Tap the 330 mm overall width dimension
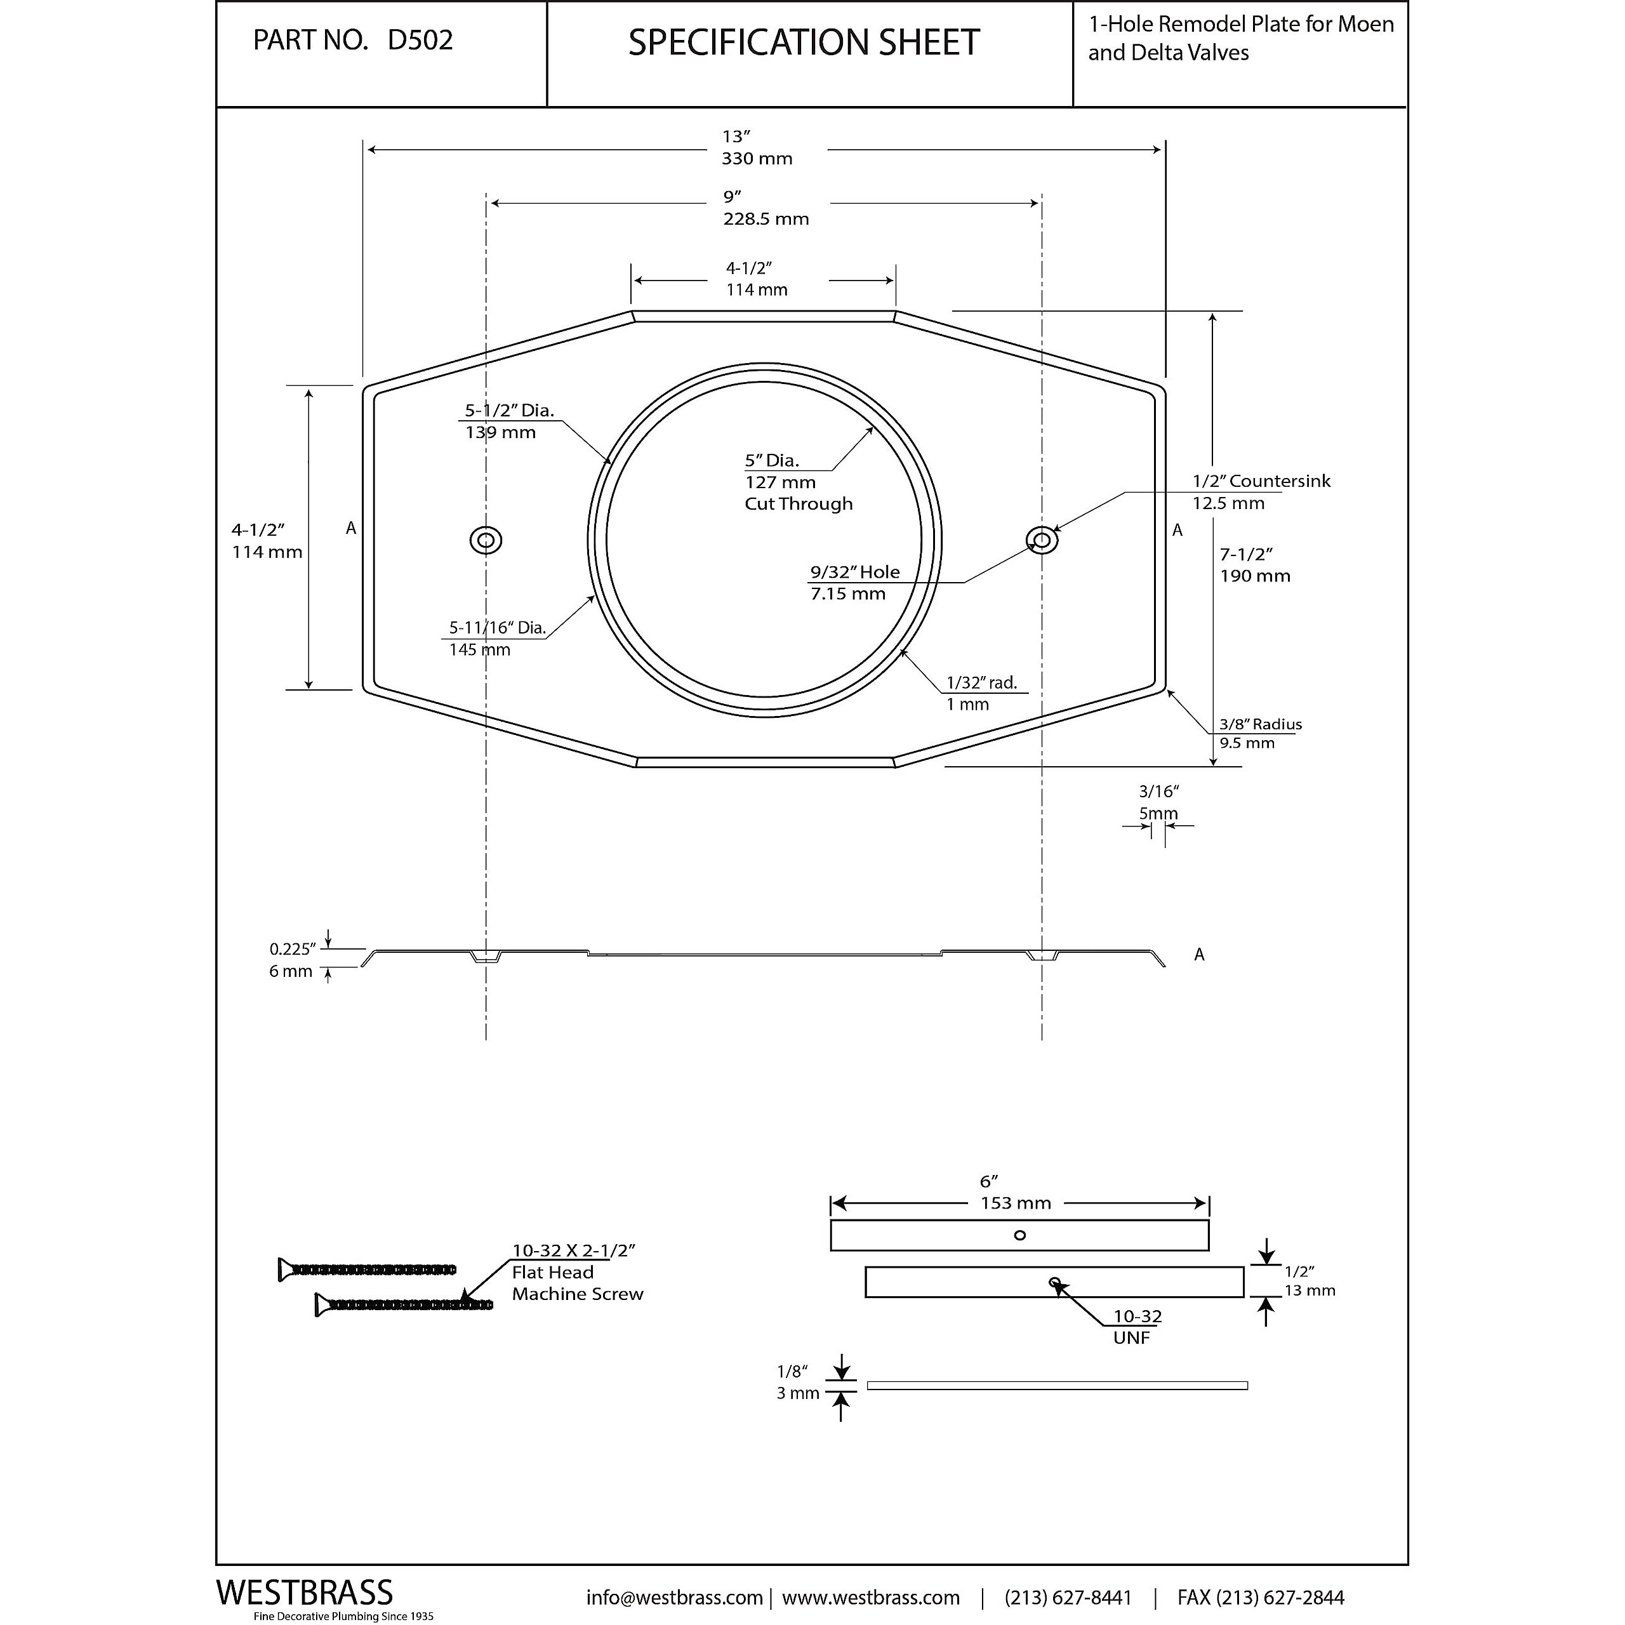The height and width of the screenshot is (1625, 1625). [757, 159]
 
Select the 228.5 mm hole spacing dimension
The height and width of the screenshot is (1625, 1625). [766, 220]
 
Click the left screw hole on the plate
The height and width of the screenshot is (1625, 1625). [486, 540]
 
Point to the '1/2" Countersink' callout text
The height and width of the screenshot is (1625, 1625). [1261, 481]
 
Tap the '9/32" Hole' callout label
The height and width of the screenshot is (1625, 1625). [854, 572]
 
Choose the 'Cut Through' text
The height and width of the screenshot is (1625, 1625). [798, 504]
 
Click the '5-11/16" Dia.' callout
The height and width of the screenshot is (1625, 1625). [497, 627]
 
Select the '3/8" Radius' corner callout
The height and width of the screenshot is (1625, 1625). [1260, 724]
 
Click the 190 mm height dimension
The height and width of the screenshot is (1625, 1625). [1255, 576]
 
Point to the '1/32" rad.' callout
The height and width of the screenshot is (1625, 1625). [981, 683]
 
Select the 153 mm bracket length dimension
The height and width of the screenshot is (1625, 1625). [1015, 1204]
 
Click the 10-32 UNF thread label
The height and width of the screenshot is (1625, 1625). [1136, 1327]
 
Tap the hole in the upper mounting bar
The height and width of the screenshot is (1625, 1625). [1019, 1236]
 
